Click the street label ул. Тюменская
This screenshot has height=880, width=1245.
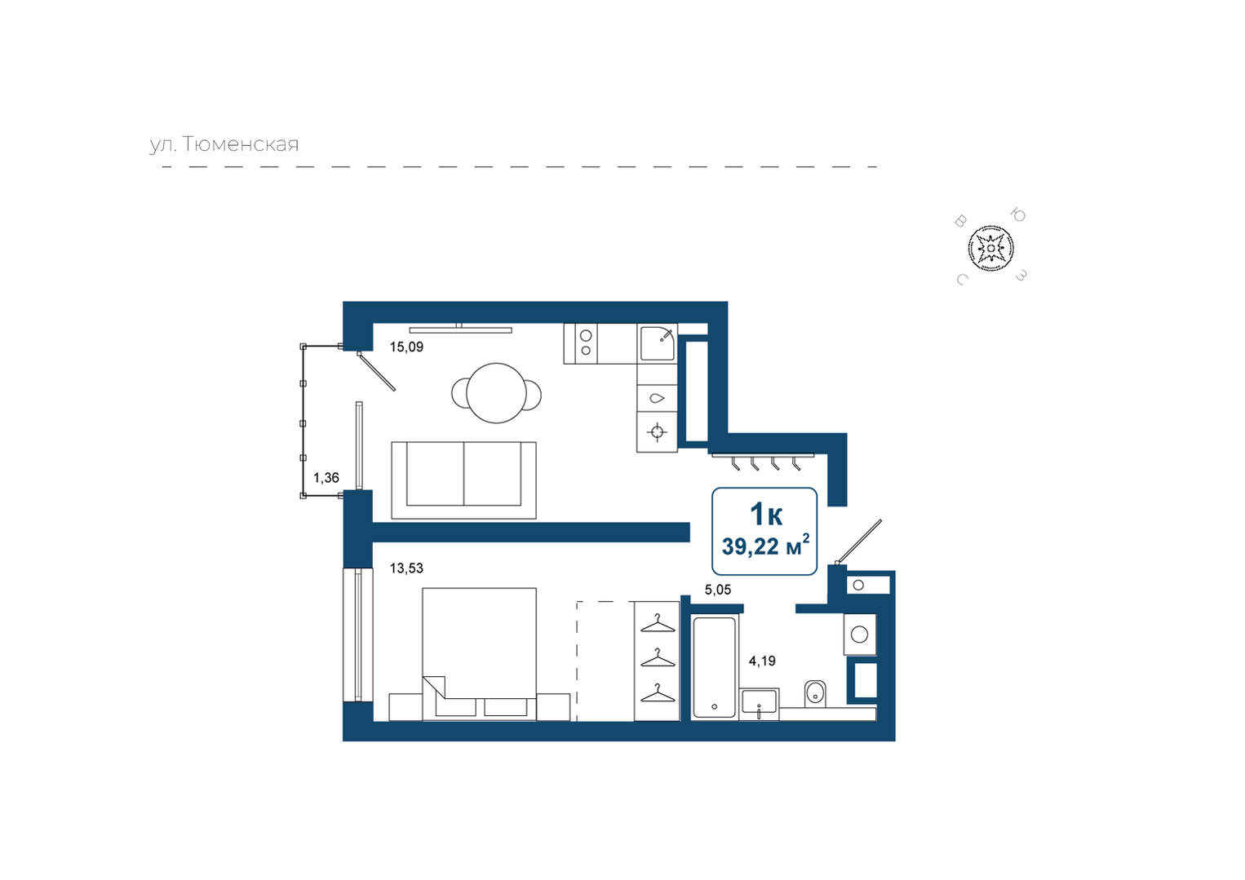pos(224,144)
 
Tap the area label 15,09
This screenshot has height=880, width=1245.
pos(406,347)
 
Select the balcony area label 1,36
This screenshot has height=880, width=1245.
pos(326,478)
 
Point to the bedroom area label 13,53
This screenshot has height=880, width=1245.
pos(406,568)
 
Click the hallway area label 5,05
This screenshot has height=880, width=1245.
pos(717,590)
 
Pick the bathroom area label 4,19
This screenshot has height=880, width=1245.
pos(761,661)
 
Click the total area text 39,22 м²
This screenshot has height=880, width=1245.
pos(765,546)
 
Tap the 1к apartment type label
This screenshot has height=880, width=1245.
pos(766,514)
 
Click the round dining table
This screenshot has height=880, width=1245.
pos(496,393)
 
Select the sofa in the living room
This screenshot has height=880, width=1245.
pos(463,480)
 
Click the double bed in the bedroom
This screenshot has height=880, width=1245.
pos(479,654)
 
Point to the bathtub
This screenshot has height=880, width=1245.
pos(714,667)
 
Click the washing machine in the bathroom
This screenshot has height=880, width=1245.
pos(859,635)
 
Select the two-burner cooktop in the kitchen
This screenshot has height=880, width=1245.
pos(580,344)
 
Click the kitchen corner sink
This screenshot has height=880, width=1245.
pos(657,344)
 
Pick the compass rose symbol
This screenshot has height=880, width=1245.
pos(990,248)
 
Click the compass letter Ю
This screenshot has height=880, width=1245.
pos(1018,215)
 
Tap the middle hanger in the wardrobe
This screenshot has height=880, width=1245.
pos(658,658)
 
